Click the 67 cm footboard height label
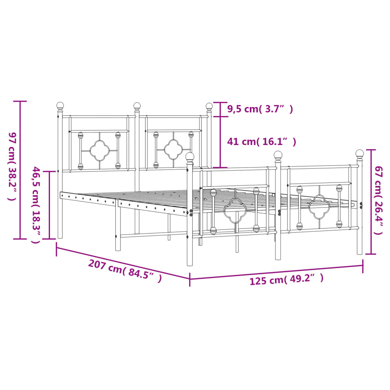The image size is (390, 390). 378,200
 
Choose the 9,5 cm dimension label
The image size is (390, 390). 260,109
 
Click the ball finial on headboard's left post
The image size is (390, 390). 60,105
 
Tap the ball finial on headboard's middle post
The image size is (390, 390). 137,105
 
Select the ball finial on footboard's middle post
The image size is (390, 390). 278,155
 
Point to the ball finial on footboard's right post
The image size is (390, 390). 360,153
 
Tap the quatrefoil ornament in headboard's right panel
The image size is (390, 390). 174,149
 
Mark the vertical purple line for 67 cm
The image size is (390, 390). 371,201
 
